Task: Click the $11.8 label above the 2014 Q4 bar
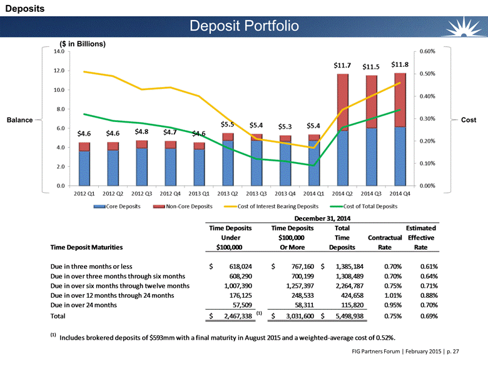coord(400,64)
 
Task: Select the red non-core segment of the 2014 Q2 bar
coord(343,103)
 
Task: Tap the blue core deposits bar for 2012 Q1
coord(84,168)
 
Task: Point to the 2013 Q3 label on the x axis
coord(256,193)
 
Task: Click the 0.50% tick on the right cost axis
coord(427,74)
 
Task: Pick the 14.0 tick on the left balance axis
coord(59,51)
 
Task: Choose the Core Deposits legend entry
coord(117,206)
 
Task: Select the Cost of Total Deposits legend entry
coord(363,206)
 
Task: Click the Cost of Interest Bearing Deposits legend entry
coord(271,206)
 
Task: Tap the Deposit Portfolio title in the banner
coord(244,26)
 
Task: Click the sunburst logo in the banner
coord(464,27)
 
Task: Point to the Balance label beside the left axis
coord(19,120)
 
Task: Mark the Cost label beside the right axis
coord(469,120)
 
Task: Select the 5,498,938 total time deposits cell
coord(350,316)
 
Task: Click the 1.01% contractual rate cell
coord(393,295)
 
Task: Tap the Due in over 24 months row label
coord(84,305)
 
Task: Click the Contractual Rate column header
coord(385,243)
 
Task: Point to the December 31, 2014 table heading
coord(322,218)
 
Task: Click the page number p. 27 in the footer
coord(453,352)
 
